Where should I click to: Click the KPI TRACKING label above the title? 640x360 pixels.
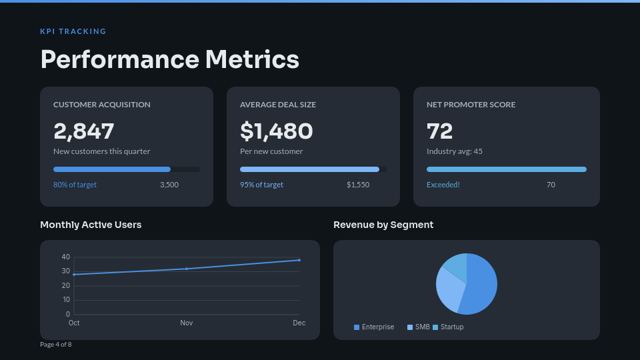click(73, 31)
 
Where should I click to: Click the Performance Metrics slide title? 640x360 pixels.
click(169, 59)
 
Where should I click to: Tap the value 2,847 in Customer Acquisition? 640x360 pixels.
click(84, 131)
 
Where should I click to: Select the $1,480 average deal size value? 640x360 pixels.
click(276, 131)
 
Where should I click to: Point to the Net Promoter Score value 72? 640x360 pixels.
click(440, 131)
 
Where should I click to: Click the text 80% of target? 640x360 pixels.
click(75, 185)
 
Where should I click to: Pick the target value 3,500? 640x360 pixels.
click(169, 185)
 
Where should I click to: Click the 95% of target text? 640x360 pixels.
click(261, 185)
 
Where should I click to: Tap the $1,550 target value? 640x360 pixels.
click(358, 185)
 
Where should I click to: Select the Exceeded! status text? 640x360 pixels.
click(443, 185)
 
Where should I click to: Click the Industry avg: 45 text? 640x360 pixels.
click(455, 151)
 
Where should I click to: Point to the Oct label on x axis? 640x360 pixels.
click(74, 323)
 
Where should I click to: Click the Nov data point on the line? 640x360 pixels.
click(187, 269)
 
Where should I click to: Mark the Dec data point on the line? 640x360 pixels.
click(299, 260)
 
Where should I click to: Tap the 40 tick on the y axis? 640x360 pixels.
click(65, 257)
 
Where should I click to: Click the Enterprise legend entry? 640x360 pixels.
click(374, 327)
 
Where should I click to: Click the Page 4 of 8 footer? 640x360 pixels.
click(55, 345)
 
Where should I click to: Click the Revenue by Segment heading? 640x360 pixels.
click(383, 225)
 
